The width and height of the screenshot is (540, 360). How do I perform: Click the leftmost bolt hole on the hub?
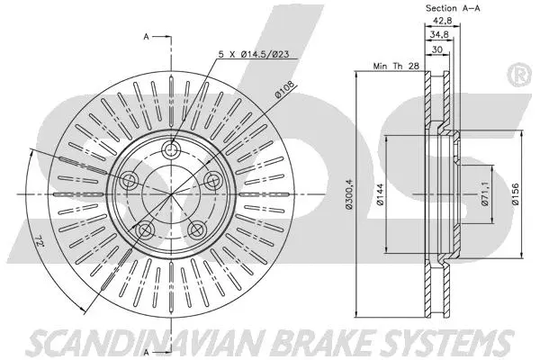(x=129, y=181)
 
